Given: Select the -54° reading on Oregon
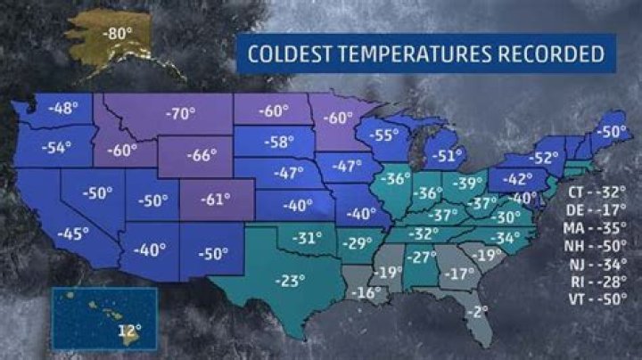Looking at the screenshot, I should pyautogui.click(x=56, y=146).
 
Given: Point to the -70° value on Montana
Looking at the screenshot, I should pyautogui.click(x=181, y=113).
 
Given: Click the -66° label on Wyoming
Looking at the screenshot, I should pyautogui.click(x=202, y=155).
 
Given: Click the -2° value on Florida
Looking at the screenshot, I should pyautogui.click(x=481, y=311).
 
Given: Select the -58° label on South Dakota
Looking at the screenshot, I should pyautogui.click(x=279, y=141).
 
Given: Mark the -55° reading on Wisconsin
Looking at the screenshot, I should pyautogui.click(x=385, y=135).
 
